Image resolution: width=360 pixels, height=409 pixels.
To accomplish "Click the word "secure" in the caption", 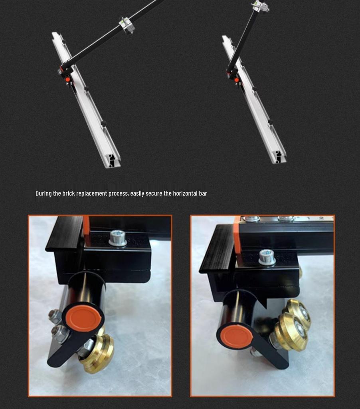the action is point(154,193).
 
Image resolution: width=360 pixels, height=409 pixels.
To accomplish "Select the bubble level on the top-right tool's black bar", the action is point(260,6).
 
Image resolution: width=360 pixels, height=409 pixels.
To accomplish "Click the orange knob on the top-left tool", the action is point(67,79).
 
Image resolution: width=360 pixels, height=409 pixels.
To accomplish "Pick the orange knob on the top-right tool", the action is point(236,80).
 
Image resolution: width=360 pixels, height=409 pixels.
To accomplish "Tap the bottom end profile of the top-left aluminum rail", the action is point(113,160).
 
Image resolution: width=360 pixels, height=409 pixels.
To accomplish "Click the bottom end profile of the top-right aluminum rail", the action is point(279,157).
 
